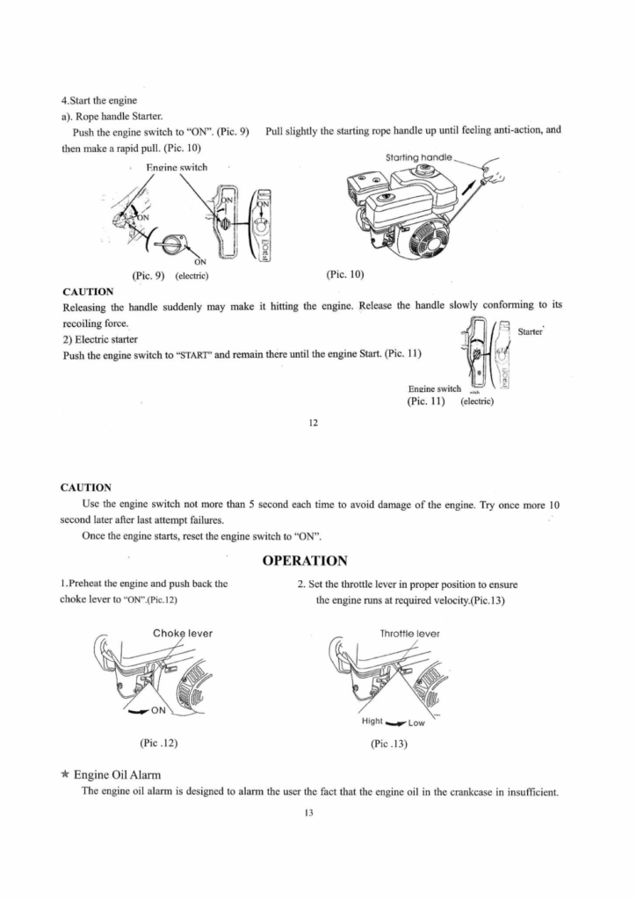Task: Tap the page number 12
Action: [313, 422]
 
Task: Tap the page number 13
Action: [313, 813]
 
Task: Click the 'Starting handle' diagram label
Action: [419, 157]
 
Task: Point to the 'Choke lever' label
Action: [183, 633]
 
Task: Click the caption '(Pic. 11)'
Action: [426, 402]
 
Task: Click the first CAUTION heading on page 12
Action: [88, 291]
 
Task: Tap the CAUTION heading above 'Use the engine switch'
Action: [85, 486]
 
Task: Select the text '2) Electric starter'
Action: [100, 338]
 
